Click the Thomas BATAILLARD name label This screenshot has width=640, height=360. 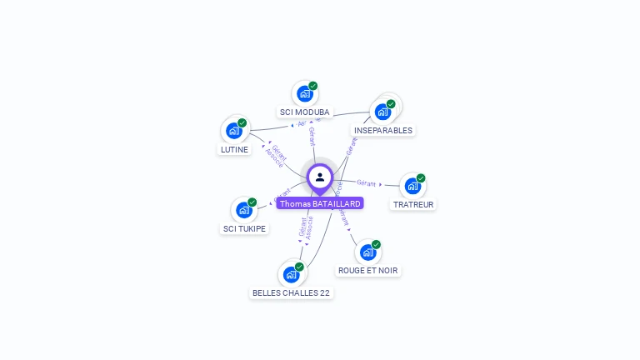(320, 203)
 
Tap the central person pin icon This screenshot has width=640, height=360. (320, 177)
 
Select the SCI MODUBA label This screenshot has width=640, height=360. (304, 112)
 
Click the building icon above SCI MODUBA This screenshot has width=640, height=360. (304, 93)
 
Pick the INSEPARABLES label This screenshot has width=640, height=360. (382, 130)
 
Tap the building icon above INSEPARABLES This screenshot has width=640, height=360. (382, 111)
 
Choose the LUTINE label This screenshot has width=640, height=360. (233, 149)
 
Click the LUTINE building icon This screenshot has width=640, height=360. (234, 130)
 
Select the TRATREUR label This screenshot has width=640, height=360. (413, 204)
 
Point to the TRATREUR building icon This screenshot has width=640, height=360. (412, 186)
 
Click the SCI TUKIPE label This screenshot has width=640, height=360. (244, 228)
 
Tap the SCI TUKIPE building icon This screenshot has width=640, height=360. (244, 210)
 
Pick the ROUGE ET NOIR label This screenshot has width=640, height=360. (367, 270)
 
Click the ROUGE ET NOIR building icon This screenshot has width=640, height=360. (367, 252)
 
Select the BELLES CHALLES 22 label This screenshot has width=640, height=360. (291, 292)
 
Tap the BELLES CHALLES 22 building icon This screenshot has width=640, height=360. (291, 274)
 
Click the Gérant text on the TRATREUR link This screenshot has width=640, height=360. (366, 182)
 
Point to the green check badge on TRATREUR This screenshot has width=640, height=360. (421, 178)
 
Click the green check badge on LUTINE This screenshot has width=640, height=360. (242, 122)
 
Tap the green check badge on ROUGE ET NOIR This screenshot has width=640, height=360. (376, 244)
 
